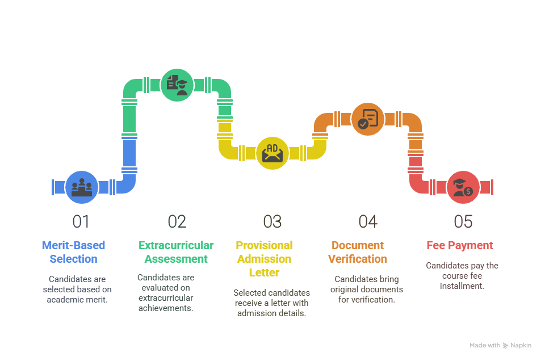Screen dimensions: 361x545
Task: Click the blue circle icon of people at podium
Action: pyautogui.click(x=82, y=187)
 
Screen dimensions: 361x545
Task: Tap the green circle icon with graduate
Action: pyautogui.click(x=177, y=85)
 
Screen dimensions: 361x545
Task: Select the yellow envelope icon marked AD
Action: pyautogui.click(x=272, y=153)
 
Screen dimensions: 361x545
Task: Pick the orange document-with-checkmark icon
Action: pyautogui.click(x=368, y=119)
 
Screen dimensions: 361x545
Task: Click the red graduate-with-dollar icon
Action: pyautogui.click(x=463, y=187)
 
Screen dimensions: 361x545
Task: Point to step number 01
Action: pyautogui.click(x=81, y=221)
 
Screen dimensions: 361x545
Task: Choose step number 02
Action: pyautogui.click(x=177, y=221)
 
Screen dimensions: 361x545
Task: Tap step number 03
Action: pyautogui.click(x=272, y=221)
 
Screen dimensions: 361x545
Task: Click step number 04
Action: pyautogui.click(x=368, y=221)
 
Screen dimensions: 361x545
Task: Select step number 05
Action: pyautogui.click(x=463, y=221)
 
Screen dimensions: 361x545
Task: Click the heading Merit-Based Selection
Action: pyautogui.click(x=73, y=252)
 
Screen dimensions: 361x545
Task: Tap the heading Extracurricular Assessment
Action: pyautogui.click(x=176, y=252)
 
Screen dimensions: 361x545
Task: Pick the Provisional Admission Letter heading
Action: pyautogui.click(x=264, y=259)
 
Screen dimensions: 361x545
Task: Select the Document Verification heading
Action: pyautogui.click(x=358, y=252)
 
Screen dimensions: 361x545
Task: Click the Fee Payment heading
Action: pyautogui.click(x=460, y=245)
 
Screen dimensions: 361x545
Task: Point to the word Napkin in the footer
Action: pyautogui.click(x=521, y=345)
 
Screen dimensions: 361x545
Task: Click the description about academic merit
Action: pyautogui.click(x=77, y=289)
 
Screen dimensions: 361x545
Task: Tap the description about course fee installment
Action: pyautogui.click(x=462, y=275)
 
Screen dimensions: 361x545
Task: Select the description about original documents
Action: pyautogui.click(x=367, y=289)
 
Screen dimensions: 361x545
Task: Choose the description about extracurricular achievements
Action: pyautogui.click(x=166, y=292)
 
